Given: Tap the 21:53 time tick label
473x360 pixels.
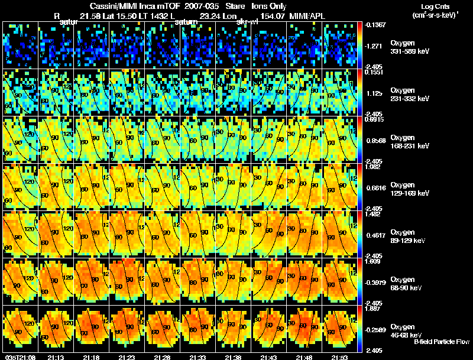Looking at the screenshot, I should [x=339, y=357].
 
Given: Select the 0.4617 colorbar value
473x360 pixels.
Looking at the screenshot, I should [x=375, y=235].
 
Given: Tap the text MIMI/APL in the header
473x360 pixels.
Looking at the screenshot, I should [x=309, y=17].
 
